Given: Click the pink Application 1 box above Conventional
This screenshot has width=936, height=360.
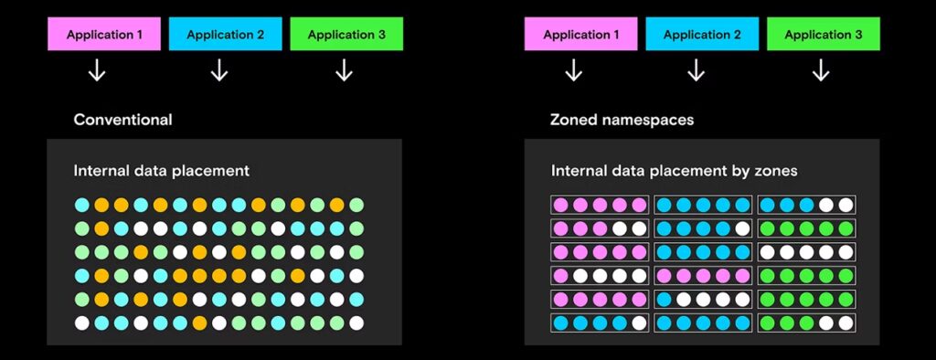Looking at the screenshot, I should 104,35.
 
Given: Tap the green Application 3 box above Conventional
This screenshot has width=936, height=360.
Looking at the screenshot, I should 346,35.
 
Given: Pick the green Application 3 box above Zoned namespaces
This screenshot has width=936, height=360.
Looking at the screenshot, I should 823,35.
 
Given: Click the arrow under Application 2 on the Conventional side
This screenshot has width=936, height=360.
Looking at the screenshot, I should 219,70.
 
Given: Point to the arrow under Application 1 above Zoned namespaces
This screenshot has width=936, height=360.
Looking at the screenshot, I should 573,70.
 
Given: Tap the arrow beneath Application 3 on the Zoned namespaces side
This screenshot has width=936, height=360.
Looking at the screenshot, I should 821,70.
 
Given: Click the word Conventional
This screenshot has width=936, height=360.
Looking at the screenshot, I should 122,120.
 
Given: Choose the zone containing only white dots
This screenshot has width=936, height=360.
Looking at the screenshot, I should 807,251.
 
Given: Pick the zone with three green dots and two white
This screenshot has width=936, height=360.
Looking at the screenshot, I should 807,323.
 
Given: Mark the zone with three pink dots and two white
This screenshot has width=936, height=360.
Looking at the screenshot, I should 599,228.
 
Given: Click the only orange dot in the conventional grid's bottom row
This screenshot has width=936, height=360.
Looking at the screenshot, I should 199,323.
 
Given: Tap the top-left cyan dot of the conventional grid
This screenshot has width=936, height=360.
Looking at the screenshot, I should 82,204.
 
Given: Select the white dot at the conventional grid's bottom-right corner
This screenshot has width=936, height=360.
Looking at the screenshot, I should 356,323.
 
